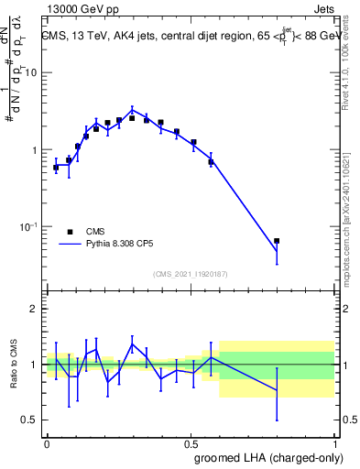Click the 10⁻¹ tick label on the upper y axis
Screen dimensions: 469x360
coord(30,226)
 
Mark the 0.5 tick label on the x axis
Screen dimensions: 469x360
coord(190,442)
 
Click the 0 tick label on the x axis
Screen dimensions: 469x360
coord(47,442)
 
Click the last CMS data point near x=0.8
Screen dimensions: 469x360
coord(277,241)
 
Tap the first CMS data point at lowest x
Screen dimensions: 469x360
coord(56,168)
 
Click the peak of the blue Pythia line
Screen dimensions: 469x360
coord(132,110)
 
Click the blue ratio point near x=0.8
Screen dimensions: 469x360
coord(277,391)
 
